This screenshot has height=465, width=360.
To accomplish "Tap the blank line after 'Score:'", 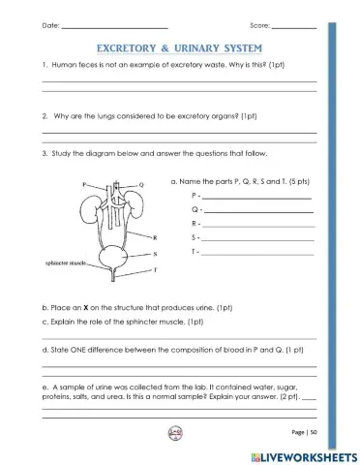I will click(x=293, y=24).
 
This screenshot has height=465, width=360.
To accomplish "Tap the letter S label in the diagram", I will click(x=156, y=252).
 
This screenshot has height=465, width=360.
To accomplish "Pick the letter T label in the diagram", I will click(x=156, y=268).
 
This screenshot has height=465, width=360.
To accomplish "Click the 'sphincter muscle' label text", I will click(x=66, y=263).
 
